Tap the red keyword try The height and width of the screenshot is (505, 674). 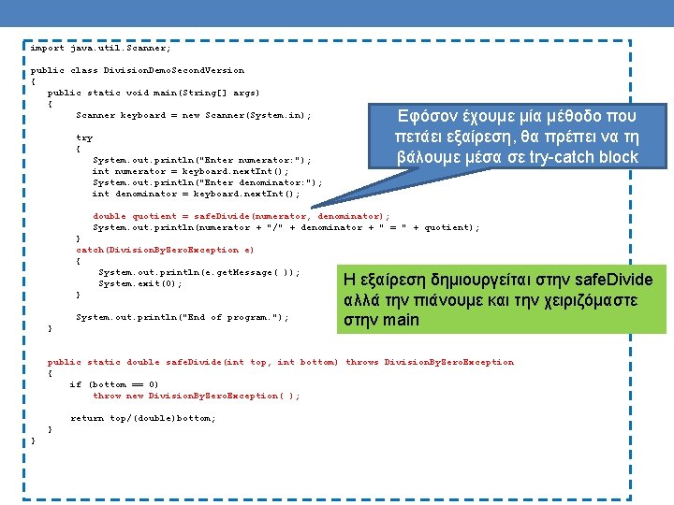[x=84, y=137]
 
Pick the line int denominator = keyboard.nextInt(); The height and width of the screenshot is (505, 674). [x=197, y=194]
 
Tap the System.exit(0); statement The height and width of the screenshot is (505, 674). [x=140, y=283]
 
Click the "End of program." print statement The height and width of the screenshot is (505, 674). [x=183, y=317]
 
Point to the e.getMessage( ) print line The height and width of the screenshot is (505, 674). [x=199, y=272]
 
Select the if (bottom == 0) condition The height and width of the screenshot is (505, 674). [x=114, y=384]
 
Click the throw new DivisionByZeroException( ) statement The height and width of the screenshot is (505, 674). [x=197, y=396]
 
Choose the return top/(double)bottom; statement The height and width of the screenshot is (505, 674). [x=143, y=418]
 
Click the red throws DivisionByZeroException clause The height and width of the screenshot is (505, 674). [x=430, y=362]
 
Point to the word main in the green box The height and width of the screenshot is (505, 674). [x=400, y=321]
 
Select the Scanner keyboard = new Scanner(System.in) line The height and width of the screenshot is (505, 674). [x=193, y=115]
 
